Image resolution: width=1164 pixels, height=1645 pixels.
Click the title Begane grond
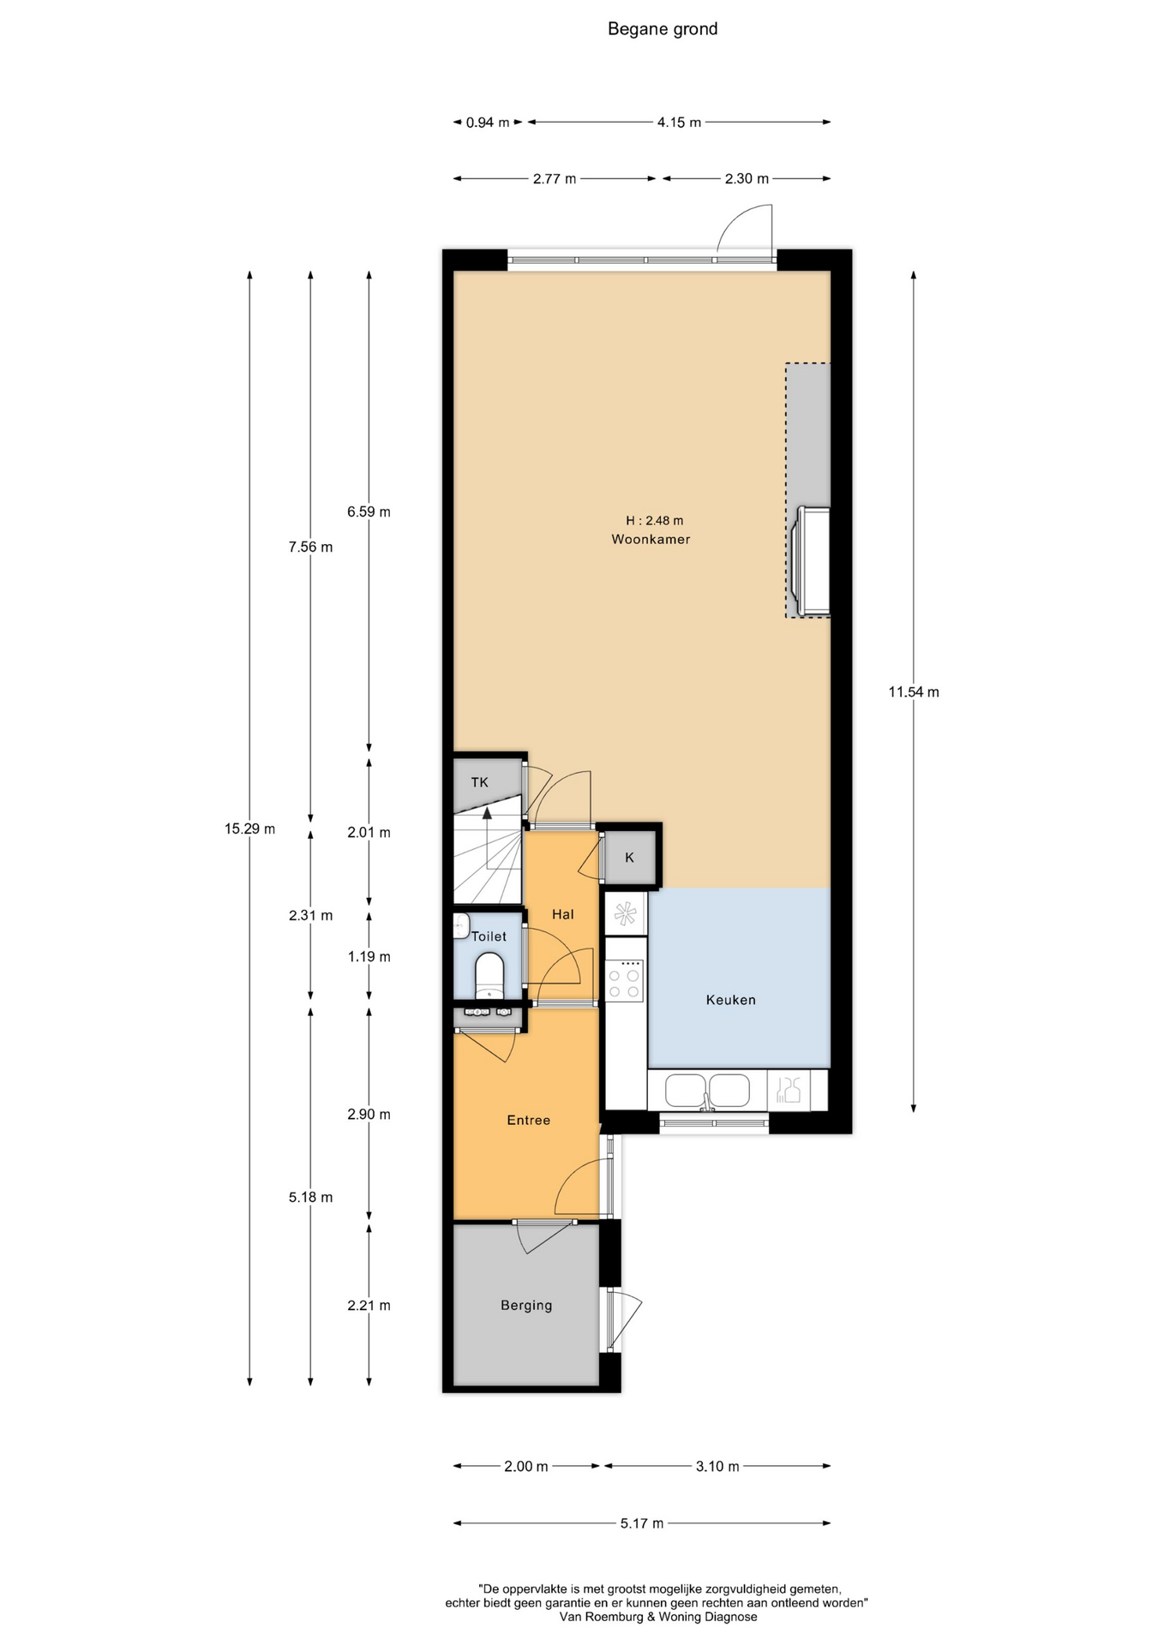point(663,29)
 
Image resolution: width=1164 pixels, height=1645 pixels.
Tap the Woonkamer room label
point(651,539)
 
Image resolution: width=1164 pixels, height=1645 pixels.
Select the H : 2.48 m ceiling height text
point(654,520)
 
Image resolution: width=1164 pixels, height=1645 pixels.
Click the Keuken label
point(731,999)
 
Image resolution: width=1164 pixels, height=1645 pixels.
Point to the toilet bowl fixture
point(490,975)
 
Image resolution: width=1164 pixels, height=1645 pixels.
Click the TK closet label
point(479,781)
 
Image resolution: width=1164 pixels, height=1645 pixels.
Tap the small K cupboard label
point(629,857)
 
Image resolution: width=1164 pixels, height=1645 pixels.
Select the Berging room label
point(526,1305)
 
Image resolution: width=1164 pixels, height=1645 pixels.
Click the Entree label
point(528,1120)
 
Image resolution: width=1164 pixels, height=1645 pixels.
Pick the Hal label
point(562,914)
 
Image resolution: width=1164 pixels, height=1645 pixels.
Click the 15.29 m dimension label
point(249,828)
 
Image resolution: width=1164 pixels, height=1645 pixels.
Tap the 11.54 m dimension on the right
point(914,691)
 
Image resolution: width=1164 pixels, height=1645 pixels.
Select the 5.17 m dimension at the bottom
point(642,1522)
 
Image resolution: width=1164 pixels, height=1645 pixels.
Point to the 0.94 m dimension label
point(488,123)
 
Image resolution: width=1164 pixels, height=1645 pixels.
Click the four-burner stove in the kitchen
point(625,980)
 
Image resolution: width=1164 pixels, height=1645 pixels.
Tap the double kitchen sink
point(707,1091)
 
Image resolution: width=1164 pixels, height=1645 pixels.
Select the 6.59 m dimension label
point(369,511)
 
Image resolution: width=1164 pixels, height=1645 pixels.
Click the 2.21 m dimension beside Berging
point(369,1305)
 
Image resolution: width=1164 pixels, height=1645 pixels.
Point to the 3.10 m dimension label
point(717,1466)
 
